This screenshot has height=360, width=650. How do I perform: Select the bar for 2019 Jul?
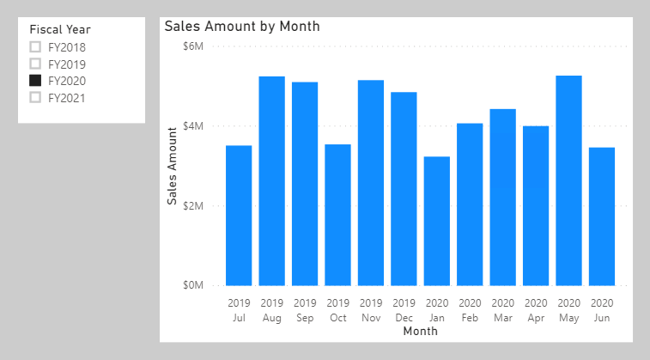239,216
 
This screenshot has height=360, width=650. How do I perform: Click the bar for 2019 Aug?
272,180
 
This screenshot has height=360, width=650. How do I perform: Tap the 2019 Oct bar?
337,215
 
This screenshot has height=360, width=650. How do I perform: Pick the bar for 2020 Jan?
436,221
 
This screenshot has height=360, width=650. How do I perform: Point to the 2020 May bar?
568,180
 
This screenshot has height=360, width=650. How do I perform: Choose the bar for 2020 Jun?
602,217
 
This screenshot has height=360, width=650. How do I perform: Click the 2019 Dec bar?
404,189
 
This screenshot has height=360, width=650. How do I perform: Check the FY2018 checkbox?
35,47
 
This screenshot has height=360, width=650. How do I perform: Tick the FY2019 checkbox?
35,64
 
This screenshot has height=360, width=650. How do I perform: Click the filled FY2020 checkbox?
35,81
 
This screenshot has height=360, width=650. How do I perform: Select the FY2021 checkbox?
35,97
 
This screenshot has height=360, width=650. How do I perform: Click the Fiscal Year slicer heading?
60,29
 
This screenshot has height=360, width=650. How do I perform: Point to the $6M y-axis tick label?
193,46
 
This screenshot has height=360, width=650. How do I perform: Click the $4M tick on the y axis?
193,125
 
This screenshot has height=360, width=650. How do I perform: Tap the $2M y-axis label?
193,205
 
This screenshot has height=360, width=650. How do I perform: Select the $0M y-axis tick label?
193,285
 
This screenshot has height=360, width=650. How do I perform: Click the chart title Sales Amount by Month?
242,27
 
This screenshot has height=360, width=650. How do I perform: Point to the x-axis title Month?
421,331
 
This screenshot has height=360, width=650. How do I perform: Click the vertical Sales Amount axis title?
172,166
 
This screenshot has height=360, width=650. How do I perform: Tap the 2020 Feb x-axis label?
470,310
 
